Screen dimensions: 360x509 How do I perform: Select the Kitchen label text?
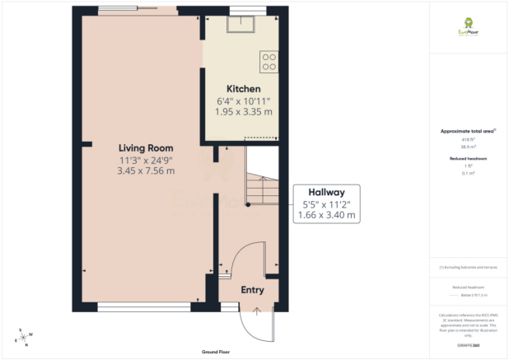[x=244, y=88]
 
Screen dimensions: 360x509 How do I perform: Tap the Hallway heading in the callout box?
[x=326, y=190]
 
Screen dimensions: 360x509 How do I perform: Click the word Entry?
[x=252, y=290]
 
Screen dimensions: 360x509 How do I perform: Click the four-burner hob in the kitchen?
[x=269, y=61]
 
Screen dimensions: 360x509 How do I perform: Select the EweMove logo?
[x=469, y=28]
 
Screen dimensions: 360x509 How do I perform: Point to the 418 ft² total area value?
[x=469, y=139]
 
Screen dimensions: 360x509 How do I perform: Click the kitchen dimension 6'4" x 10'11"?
[x=244, y=101]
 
